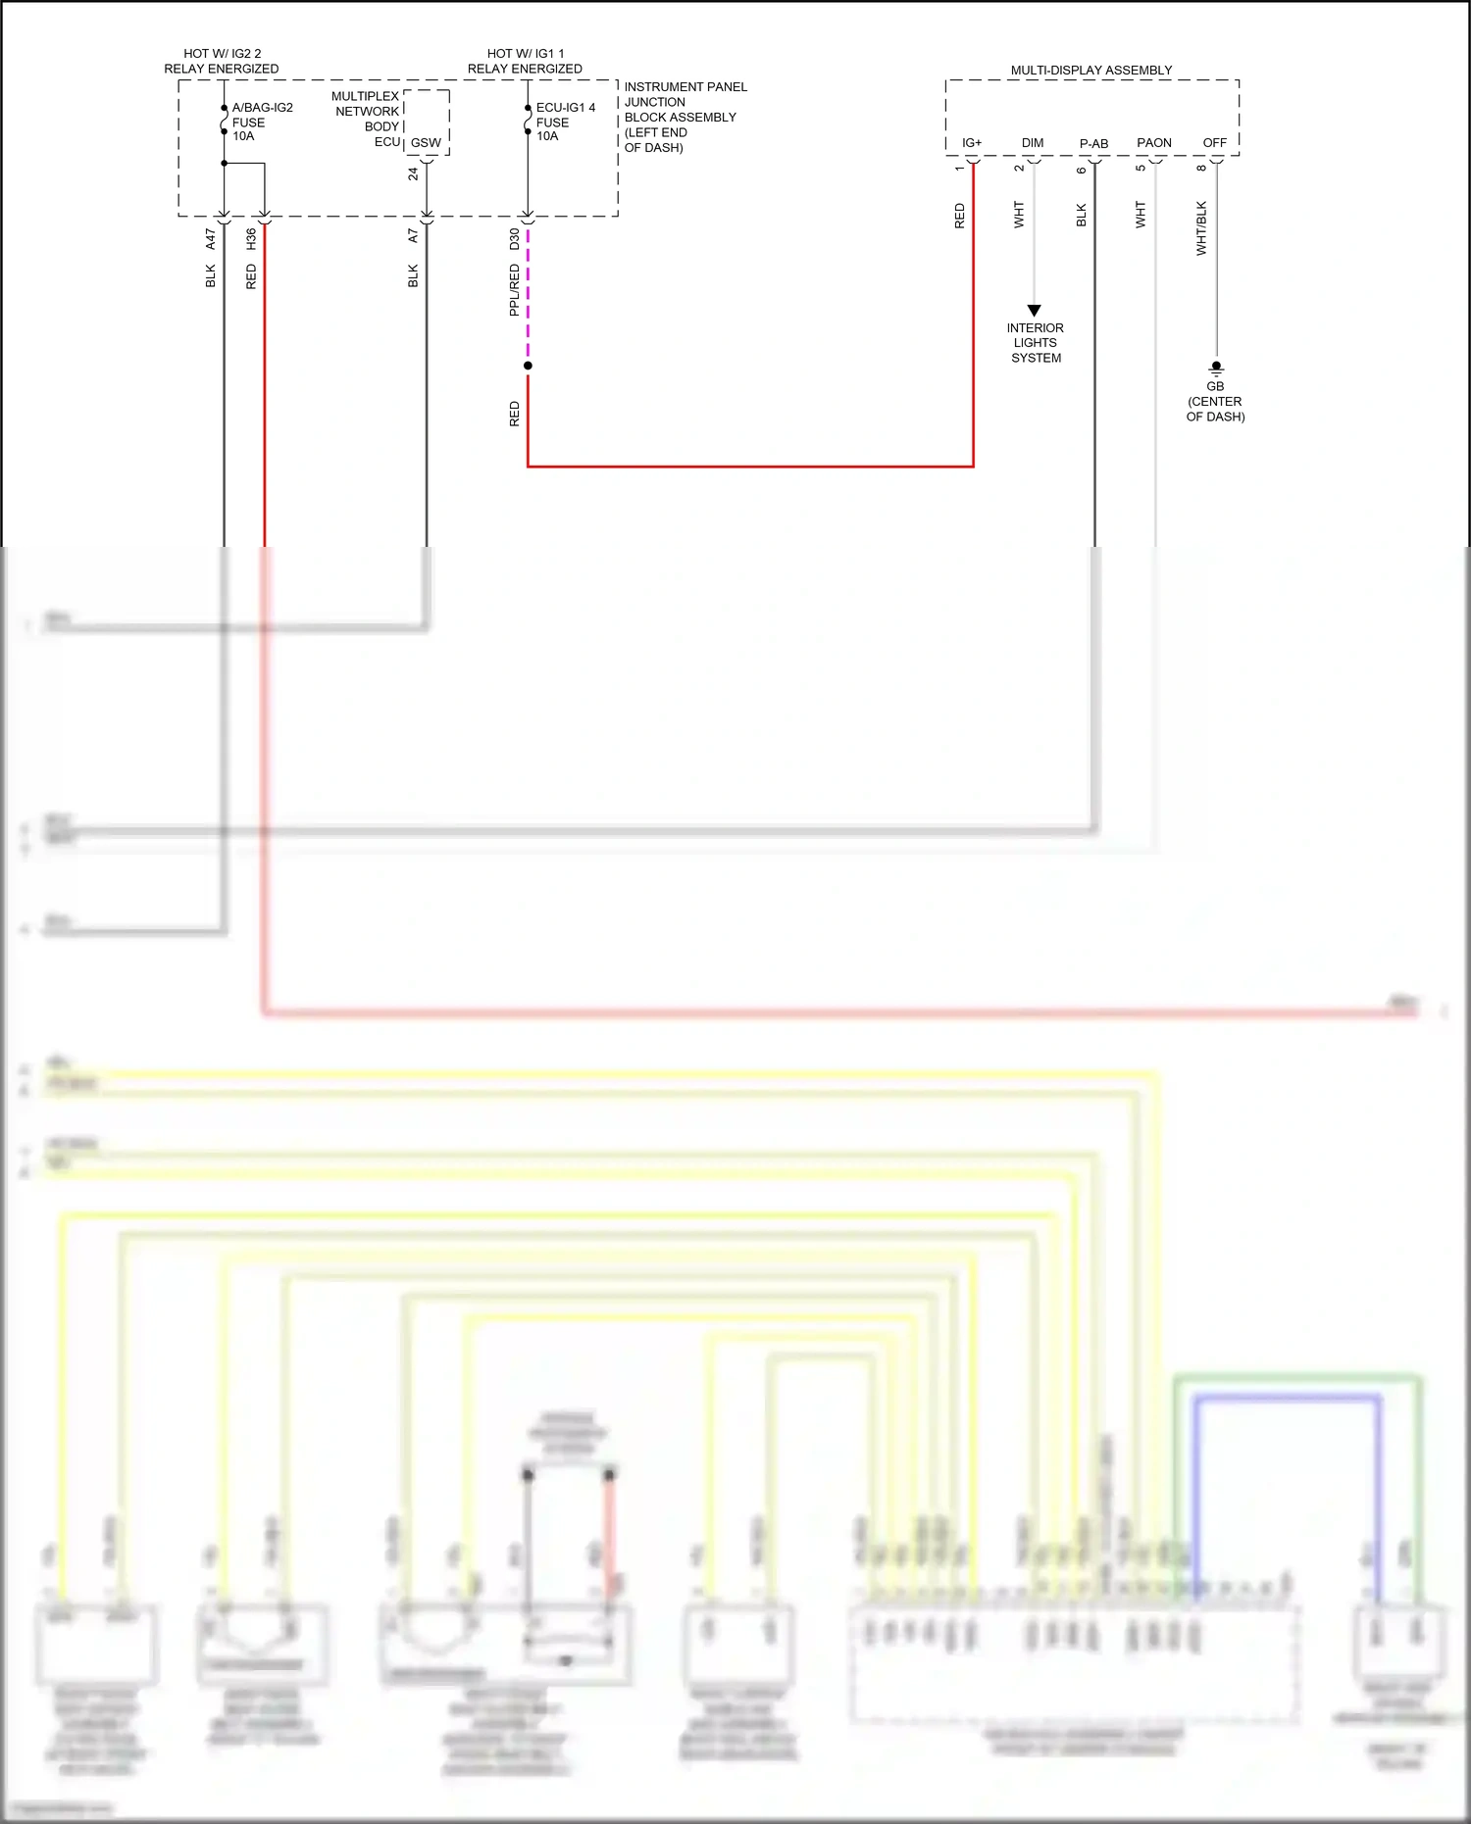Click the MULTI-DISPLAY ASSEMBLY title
(x=1091, y=71)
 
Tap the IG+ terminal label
(x=971, y=143)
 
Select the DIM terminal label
(x=1032, y=143)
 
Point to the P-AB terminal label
(x=1093, y=144)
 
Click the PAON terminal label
(x=1153, y=143)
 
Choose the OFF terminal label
(x=1214, y=143)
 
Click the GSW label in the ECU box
(x=426, y=143)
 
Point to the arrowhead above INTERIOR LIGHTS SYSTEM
(x=1034, y=310)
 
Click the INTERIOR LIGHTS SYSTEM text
(x=1036, y=343)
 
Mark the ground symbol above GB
(x=1216, y=369)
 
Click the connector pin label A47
(x=210, y=238)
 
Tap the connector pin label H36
(x=251, y=238)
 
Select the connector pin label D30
(x=514, y=238)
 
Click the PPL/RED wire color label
(x=514, y=290)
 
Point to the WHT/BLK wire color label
(x=1201, y=228)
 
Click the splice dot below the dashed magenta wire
(x=528, y=366)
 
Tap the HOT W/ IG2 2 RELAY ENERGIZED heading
(x=222, y=61)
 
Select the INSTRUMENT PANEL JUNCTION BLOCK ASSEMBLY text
(x=685, y=117)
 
